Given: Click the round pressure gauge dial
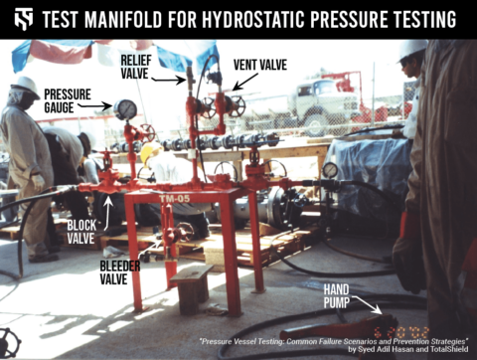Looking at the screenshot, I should [125, 109].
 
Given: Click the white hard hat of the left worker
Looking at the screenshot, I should [25, 88].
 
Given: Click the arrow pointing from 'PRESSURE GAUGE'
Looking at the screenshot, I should [99, 104].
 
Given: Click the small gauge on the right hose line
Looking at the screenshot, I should [329, 170].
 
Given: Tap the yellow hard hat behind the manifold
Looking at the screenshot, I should [150, 152].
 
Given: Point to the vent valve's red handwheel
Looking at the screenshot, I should [235, 104].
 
